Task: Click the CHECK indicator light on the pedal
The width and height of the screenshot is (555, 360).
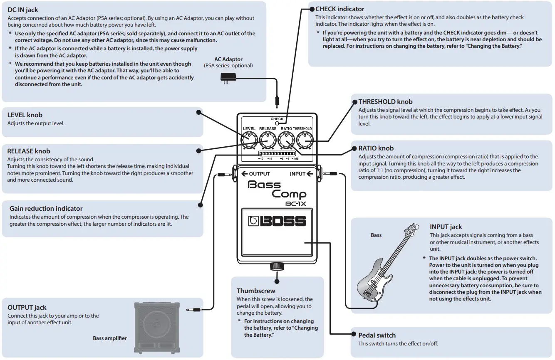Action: point(277,123)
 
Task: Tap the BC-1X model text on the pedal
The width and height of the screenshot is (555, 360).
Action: point(296,203)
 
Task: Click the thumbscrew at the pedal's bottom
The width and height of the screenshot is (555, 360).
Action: point(277,266)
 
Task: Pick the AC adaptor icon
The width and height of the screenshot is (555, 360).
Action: point(228,78)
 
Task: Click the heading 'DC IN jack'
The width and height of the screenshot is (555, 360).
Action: point(23,10)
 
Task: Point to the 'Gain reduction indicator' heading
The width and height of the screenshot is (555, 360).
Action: point(46,208)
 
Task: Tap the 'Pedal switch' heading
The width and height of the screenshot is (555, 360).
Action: point(377,335)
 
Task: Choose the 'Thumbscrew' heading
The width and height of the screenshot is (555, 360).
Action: point(256,291)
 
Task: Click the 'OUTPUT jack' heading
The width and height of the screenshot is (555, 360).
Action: point(27,307)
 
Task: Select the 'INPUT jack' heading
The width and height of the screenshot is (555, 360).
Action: point(446,227)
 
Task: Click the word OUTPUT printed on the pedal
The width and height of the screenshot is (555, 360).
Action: point(259,174)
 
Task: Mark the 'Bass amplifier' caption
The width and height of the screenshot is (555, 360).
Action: point(110,338)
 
